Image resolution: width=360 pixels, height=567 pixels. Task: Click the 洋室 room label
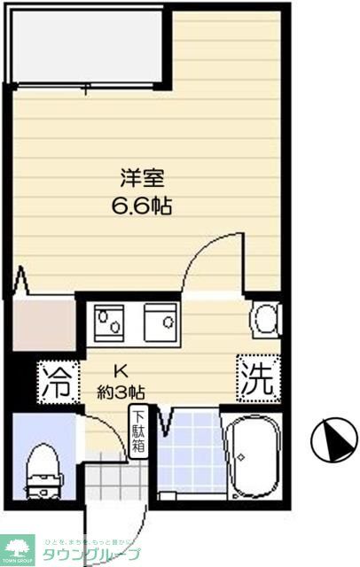pos(142,177)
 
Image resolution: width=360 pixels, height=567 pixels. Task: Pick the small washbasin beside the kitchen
pos(266,319)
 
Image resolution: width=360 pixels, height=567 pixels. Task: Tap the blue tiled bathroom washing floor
pos(191,454)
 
